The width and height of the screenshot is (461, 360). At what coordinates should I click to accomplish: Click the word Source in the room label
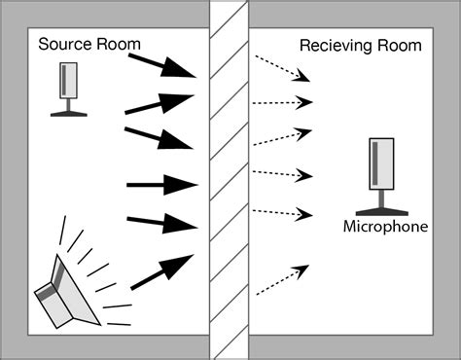pos(62,45)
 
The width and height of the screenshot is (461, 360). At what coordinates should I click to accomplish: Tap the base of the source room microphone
pos(69,113)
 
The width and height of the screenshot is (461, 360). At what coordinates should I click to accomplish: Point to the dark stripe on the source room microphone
pos(65,81)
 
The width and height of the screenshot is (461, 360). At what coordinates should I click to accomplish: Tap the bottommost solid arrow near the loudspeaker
pos(163,271)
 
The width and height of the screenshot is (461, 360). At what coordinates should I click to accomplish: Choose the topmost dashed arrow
pos(283,66)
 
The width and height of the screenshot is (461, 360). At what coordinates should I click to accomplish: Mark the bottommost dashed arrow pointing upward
pos(282,278)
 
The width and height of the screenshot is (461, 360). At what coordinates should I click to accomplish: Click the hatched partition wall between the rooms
pos(230,180)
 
